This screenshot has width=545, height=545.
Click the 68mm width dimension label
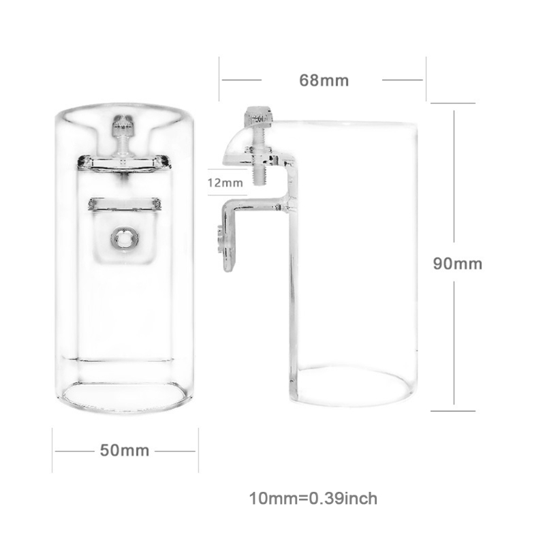[324, 80]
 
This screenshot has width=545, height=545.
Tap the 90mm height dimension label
[458, 264]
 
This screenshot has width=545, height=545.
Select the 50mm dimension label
[124, 450]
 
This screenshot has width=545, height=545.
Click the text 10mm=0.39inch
[313, 499]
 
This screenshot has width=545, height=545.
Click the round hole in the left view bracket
[124, 238]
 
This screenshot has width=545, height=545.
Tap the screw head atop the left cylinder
[123, 124]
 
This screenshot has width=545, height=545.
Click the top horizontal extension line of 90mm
[453, 103]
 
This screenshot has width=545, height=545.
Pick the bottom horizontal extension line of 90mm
[453, 411]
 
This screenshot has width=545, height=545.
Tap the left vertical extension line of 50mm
[52, 450]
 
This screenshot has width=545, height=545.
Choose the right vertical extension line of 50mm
[198, 450]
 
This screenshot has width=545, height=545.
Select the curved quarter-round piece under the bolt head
[236, 144]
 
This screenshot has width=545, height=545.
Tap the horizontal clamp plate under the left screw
[123, 162]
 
